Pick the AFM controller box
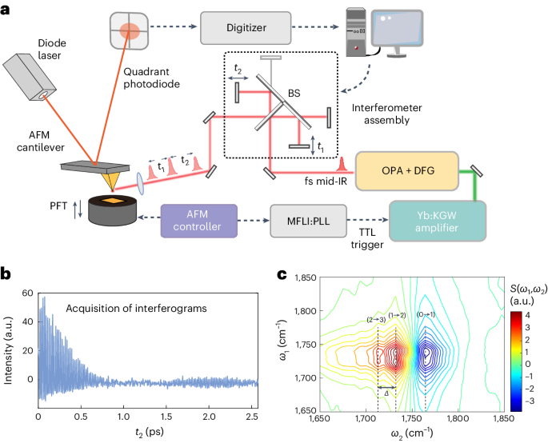pos(200,218)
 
